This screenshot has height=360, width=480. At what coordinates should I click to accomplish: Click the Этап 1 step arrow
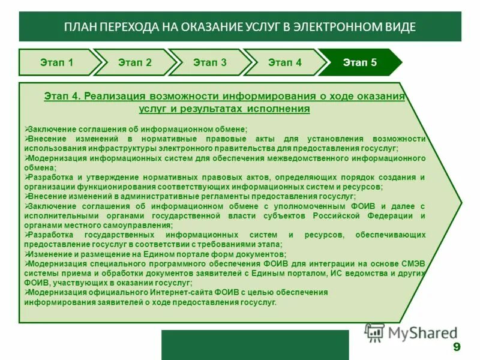click(57, 62)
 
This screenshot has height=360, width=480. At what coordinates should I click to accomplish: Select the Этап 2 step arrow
click(135, 62)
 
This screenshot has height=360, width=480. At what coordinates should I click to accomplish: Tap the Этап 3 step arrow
click(210, 62)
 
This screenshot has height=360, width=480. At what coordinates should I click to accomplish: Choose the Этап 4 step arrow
click(285, 62)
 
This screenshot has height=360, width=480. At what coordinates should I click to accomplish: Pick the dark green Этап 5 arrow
click(360, 62)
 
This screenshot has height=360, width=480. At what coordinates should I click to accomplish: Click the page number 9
click(457, 347)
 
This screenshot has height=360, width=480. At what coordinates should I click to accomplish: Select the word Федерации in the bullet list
click(393, 216)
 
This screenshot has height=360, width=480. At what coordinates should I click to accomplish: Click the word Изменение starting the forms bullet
click(49, 254)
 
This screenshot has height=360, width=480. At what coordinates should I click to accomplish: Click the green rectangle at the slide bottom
click(254, 344)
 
